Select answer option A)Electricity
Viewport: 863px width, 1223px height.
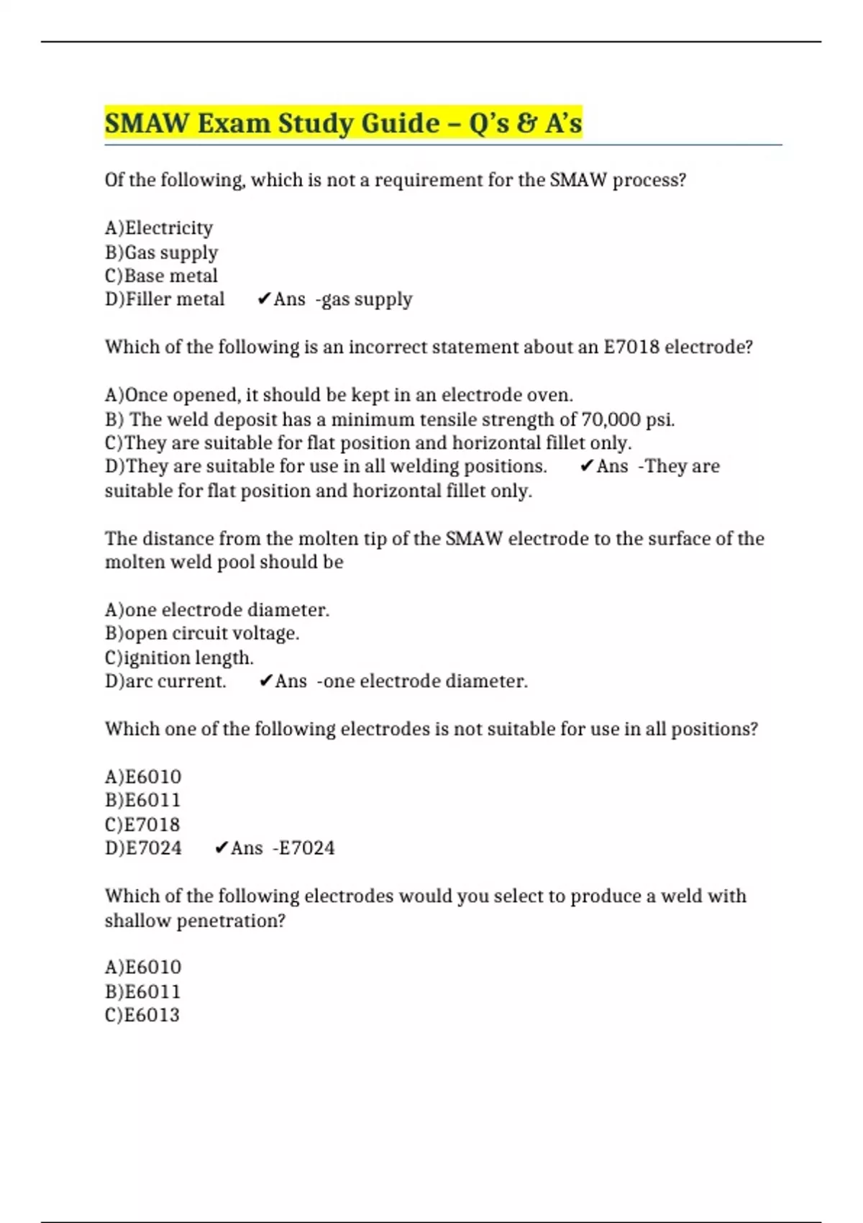pyautogui.click(x=159, y=228)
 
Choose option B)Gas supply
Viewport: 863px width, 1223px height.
pyautogui.click(x=161, y=253)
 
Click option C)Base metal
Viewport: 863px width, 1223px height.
pyautogui.click(x=161, y=276)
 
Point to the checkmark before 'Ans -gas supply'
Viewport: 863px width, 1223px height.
pyautogui.click(x=264, y=299)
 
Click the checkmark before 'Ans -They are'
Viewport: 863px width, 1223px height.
pyautogui.click(x=586, y=466)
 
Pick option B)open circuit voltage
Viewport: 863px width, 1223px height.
pyautogui.click(x=202, y=634)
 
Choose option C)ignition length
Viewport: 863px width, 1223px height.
pyautogui.click(x=179, y=658)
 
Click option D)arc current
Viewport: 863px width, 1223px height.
pyautogui.click(x=165, y=681)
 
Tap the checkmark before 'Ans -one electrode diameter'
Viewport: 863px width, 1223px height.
pyautogui.click(x=265, y=681)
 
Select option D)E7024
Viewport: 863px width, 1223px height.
pyautogui.click(x=143, y=848)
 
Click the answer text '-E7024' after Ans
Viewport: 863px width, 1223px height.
pyautogui.click(x=303, y=848)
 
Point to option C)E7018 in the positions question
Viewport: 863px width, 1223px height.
pyautogui.click(x=142, y=824)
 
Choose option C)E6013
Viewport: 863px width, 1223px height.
pyautogui.click(x=142, y=1015)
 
